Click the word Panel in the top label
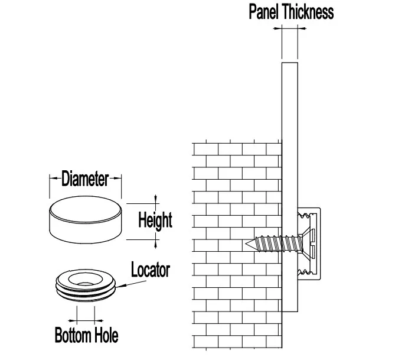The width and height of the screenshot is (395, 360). click(x=265, y=12)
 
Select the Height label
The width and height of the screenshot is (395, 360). click(x=155, y=220)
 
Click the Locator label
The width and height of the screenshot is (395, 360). click(x=151, y=271)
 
